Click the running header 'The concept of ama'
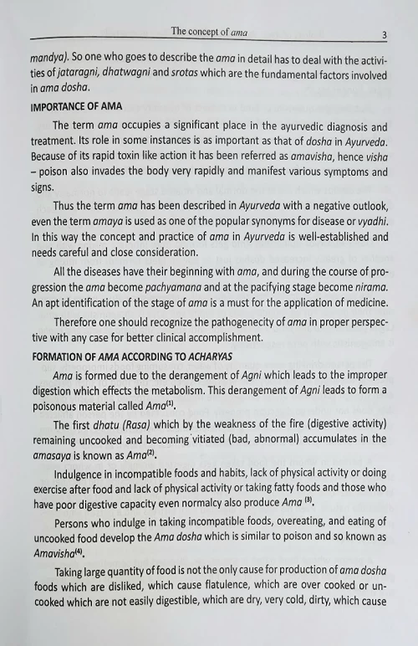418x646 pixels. click(x=212, y=32)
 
